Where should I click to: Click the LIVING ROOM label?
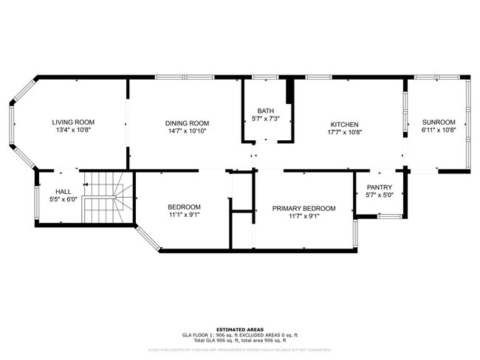(x=73, y=122)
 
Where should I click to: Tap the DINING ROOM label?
(x=187, y=123)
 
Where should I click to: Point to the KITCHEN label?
(x=345, y=125)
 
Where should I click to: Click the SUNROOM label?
(x=439, y=122)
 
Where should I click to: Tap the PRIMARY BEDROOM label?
(x=304, y=209)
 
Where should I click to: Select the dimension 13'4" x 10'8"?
(x=73, y=131)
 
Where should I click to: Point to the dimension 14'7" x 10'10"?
(x=187, y=131)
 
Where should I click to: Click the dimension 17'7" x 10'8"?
(x=345, y=133)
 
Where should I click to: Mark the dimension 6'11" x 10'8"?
(x=439, y=131)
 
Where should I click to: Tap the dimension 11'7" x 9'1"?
(x=304, y=217)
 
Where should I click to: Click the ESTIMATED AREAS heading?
(x=240, y=330)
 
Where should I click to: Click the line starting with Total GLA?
(x=240, y=340)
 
